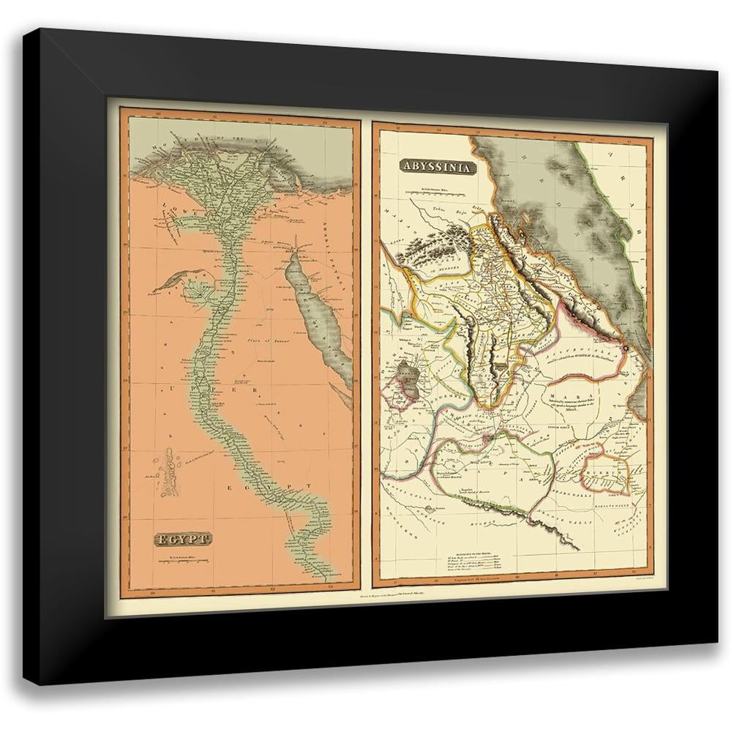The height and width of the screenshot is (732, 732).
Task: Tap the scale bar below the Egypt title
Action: [182, 561]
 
